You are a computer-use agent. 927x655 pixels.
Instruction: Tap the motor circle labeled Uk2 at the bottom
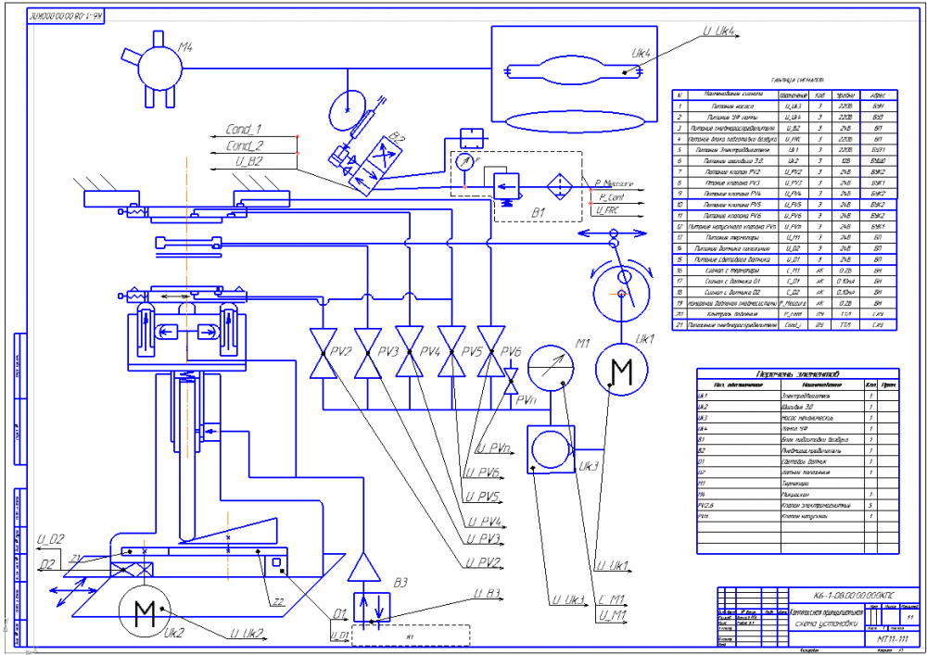[x=146, y=614]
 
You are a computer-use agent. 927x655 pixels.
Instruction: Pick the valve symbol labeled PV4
[x=408, y=353]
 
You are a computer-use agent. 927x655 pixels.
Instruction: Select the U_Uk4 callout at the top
[x=719, y=31]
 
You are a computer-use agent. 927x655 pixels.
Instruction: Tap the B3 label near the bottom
[x=400, y=583]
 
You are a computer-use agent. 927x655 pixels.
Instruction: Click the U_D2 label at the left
[x=50, y=539]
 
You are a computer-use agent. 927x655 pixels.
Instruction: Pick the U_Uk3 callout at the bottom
[x=567, y=602]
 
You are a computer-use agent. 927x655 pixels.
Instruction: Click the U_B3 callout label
[x=487, y=593]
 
